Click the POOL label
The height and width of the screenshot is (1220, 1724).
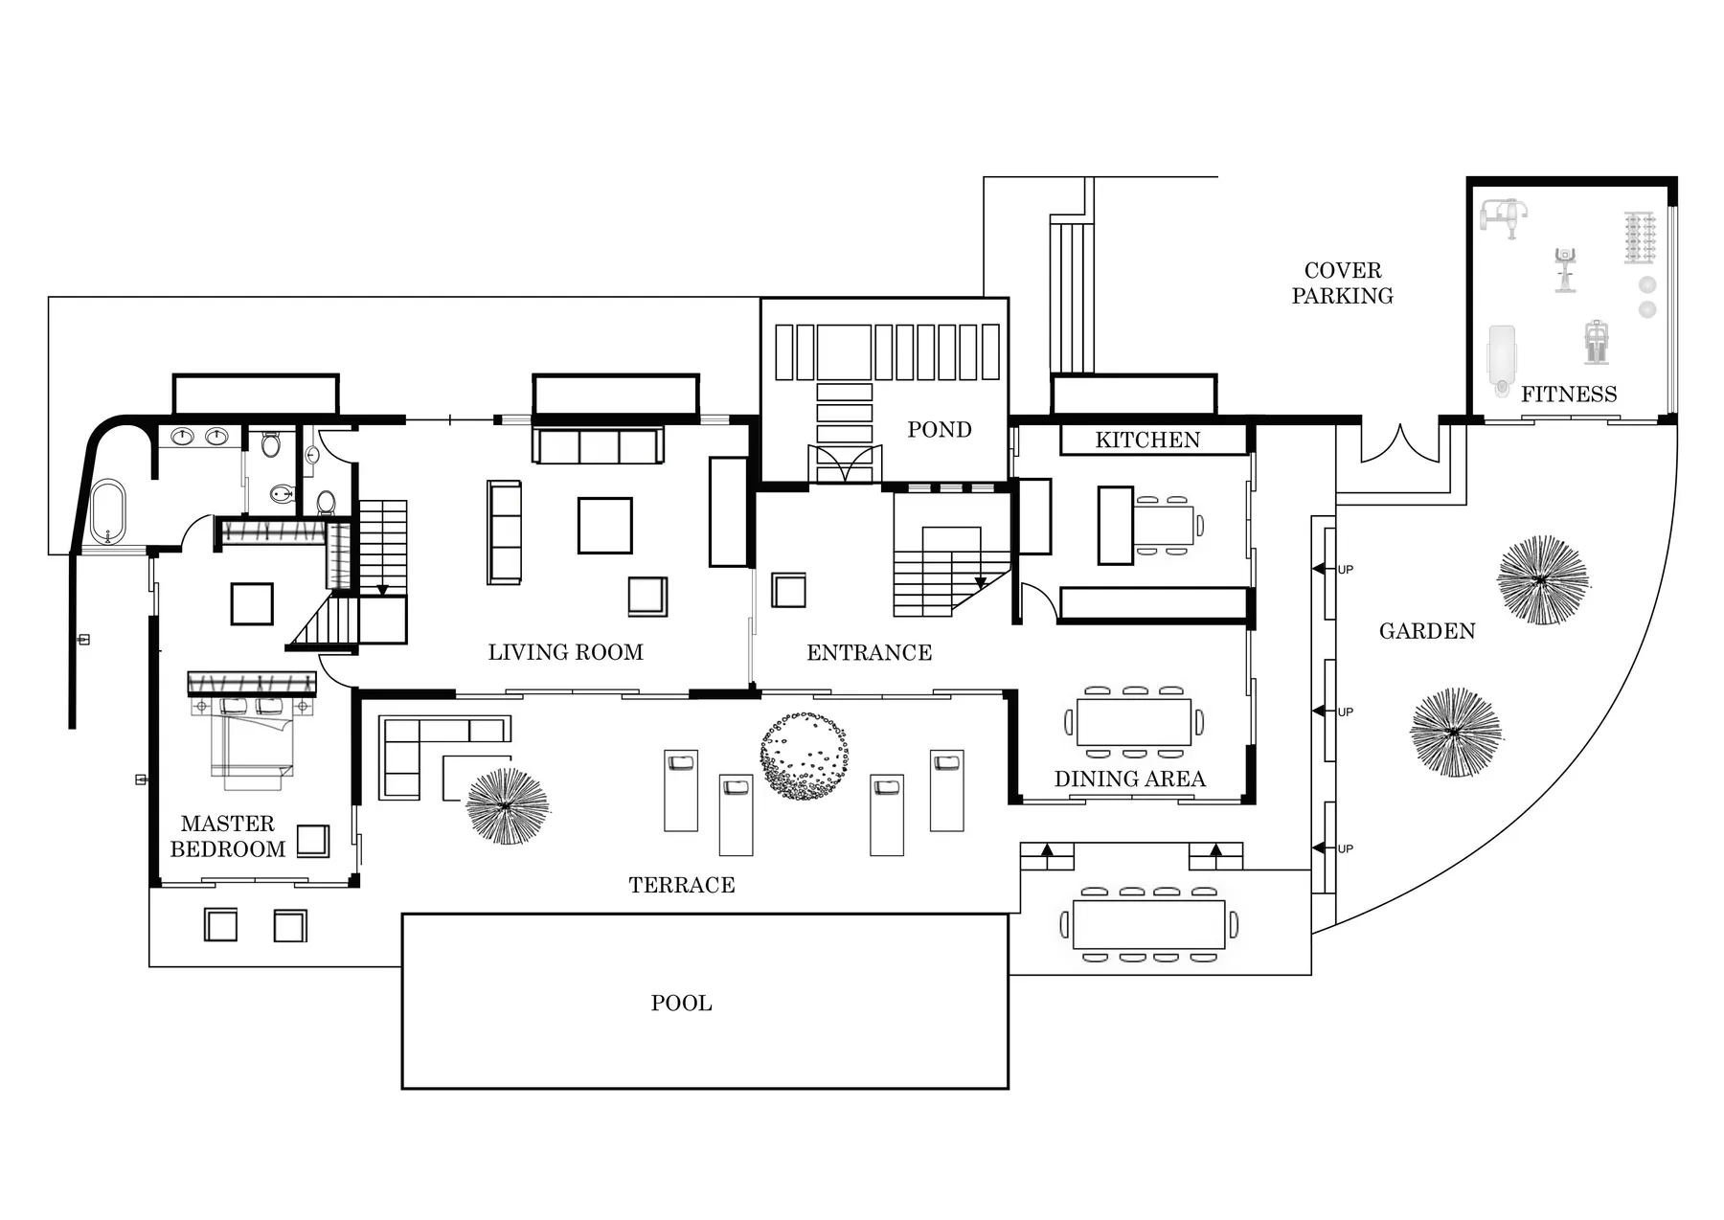(681, 1003)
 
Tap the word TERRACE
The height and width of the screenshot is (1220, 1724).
(681, 885)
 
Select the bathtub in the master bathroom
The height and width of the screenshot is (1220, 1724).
(107, 511)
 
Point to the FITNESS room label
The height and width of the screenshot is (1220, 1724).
(1568, 394)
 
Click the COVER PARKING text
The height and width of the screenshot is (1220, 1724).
(1342, 282)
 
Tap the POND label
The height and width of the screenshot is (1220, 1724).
(939, 429)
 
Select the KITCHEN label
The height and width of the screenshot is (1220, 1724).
(1146, 440)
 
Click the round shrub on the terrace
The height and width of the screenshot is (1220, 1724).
(804, 756)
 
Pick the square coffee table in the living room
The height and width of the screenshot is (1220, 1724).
(604, 525)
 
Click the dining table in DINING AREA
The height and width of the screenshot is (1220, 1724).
(1133, 721)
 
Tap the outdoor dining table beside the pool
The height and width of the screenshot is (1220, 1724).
(1148, 924)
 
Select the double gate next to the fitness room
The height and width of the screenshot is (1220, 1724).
(1399, 445)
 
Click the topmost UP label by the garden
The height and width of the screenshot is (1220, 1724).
(1345, 570)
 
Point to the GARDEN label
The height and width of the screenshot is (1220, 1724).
(1426, 631)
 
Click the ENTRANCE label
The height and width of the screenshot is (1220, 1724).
(869, 652)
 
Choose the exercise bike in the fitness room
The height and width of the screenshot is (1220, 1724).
(1564, 269)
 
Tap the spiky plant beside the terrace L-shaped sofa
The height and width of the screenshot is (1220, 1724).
(507, 806)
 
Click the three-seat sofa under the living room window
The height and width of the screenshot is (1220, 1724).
(599, 446)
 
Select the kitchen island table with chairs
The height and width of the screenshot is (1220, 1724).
(1164, 525)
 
